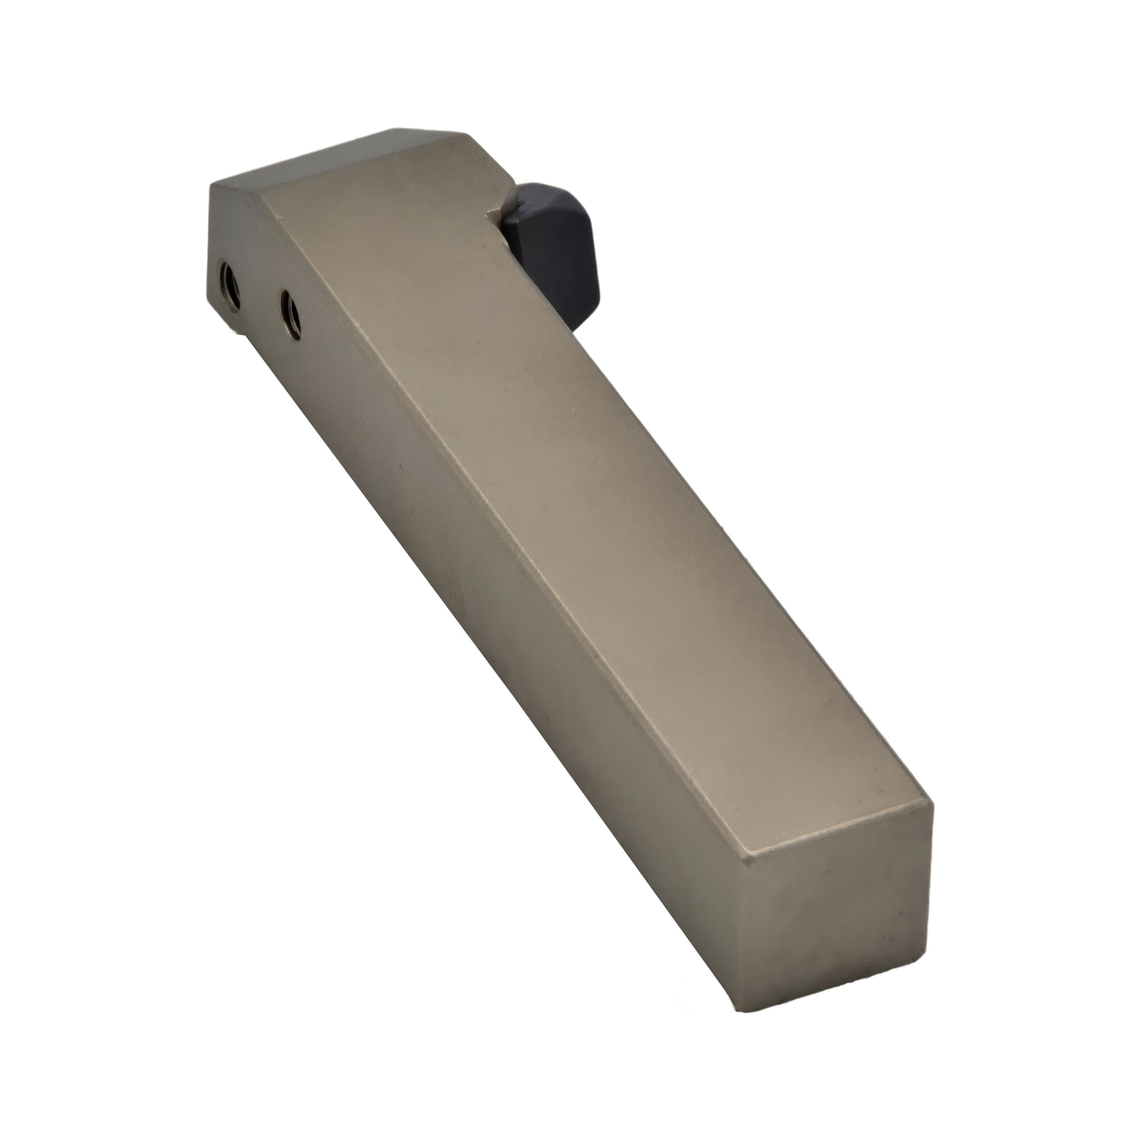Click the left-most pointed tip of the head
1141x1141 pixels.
[x=211, y=184]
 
